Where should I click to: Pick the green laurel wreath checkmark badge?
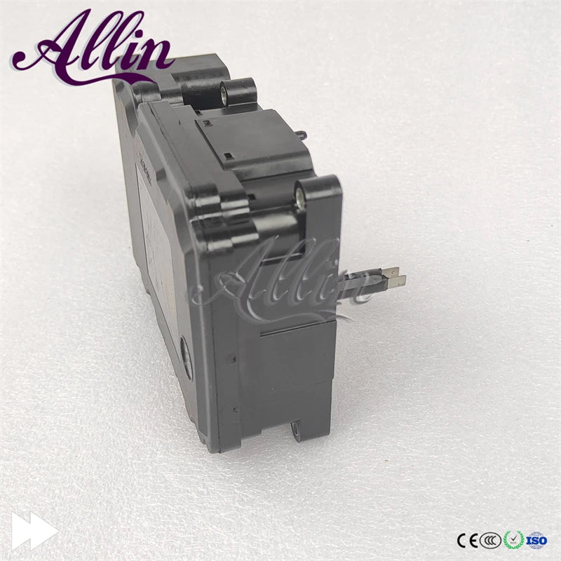tap(513, 540)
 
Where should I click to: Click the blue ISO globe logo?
tap(537, 540)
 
